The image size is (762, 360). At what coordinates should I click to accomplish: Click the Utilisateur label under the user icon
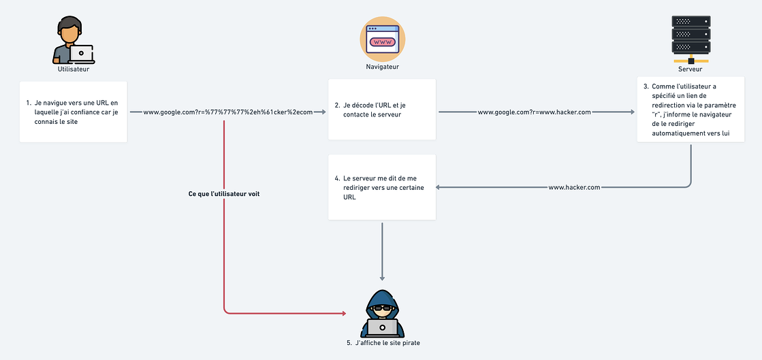(x=73, y=69)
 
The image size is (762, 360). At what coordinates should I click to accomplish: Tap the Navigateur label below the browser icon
(x=382, y=67)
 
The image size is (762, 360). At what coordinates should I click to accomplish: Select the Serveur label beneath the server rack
(x=690, y=69)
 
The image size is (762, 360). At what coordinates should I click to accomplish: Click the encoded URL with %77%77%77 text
(x=227, y=112)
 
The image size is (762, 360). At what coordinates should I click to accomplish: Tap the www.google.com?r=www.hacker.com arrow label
(x=534, y=112)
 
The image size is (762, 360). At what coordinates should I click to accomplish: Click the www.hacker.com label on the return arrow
(x=574, y=187)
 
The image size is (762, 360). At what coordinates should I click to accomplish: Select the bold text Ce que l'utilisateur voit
(x=224, y=194)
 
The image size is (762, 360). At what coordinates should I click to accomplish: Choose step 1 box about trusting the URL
(x=73, y=111)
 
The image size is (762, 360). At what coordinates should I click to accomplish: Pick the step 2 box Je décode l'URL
(x=382, y=110)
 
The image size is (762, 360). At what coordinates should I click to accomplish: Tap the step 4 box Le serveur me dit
(x=382, y=187)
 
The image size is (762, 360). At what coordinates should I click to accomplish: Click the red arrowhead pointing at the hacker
(x=344, y=314)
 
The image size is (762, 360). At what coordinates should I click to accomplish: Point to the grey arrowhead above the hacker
(x=382, y=277)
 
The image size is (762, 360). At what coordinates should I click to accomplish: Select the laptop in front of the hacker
(x=382, y=328)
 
